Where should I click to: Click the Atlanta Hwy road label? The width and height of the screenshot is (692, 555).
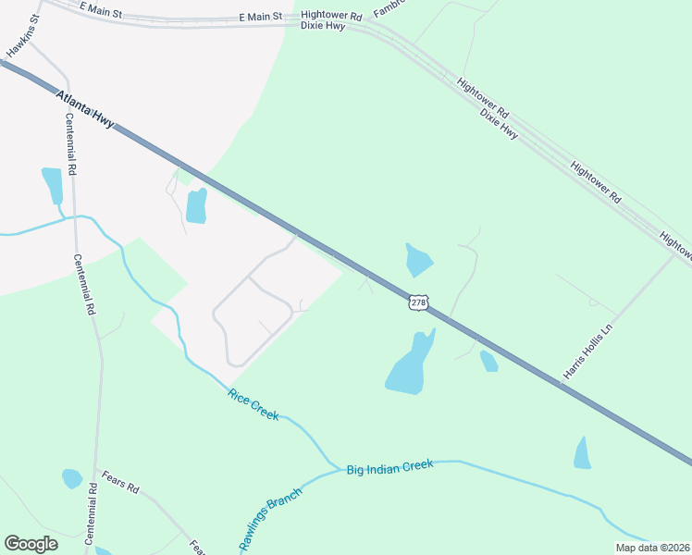point(85,110)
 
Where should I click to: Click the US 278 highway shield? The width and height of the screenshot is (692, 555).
point(419,302)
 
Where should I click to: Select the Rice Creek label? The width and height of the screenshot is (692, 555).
point(253,404)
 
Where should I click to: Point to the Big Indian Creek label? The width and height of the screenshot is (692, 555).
point(389,469)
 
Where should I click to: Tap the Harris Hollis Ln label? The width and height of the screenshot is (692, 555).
point(588,351)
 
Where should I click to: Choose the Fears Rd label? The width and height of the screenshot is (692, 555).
point(120,487)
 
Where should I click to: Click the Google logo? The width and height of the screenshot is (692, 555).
point(31,544)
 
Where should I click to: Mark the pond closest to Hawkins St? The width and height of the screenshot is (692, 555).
point(52,184)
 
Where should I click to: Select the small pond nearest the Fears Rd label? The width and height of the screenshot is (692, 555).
point(71,478)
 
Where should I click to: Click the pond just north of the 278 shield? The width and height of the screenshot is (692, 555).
point(418,259)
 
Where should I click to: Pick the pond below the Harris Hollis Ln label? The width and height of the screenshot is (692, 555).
point(582,453)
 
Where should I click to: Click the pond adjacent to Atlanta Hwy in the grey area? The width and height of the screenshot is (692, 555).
point(196,206)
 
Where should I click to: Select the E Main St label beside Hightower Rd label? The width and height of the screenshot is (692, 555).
point(260,17)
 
